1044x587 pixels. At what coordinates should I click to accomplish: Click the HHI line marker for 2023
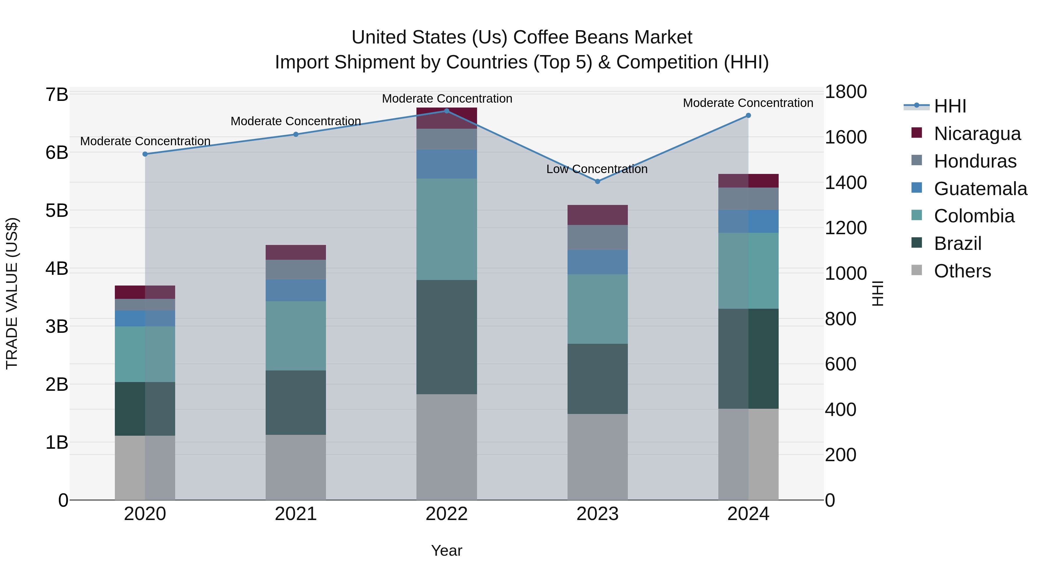(x=597, y=181)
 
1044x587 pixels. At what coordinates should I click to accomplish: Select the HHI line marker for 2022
(x=447, y=111)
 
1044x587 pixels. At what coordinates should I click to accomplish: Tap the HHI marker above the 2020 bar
(x=145, y=154)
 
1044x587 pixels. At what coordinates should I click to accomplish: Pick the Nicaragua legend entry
(x=977, y=134)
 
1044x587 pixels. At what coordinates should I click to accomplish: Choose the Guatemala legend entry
(x=980, y=189)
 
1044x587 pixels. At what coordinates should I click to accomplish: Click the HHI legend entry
(x=949, y=106)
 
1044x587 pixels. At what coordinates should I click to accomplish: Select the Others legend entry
(x=962, y=271)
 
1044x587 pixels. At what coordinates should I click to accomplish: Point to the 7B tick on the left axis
(x=57, y=95)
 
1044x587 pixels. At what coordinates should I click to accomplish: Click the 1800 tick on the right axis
(x=846, y=92)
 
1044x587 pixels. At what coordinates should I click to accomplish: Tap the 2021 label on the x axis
(x=296, y=514)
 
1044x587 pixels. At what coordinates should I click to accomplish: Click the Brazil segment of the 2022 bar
(x=447, y=337)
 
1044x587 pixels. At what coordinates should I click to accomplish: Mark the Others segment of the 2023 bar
(x=597, y=457)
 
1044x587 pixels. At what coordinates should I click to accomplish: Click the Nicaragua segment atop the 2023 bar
(x=597, y=215)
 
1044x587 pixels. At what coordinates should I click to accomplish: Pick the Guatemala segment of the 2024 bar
(x=748, y=221)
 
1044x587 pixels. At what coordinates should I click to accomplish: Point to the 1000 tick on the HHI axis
(x=846, y=273)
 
